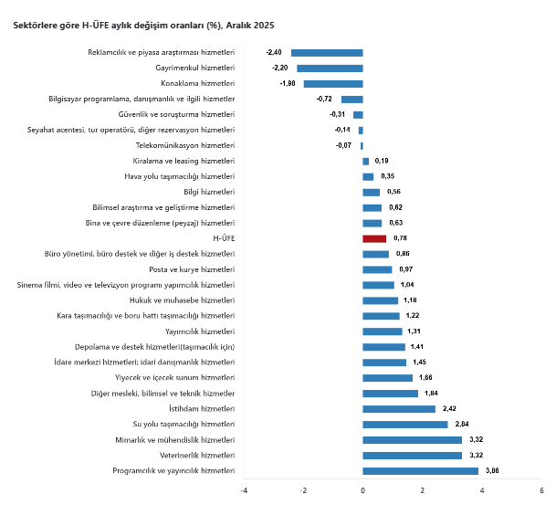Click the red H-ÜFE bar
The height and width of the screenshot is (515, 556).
click(374, 238)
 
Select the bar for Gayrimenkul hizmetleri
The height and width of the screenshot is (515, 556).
click(330, 68)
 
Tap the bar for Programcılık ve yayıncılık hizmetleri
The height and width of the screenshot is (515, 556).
click(420, 471)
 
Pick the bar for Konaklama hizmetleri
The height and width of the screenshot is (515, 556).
click(333, 83)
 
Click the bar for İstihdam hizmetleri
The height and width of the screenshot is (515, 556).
click(399, 409)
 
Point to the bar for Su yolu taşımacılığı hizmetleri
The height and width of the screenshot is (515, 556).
click(405, 425)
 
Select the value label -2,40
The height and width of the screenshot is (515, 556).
click(274, 52)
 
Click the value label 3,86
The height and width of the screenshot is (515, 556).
click(492, 471)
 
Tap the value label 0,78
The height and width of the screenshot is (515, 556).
click(400, 238)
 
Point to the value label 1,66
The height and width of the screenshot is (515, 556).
click(426, 378)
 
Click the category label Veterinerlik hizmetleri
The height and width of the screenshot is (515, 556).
click(196, 456)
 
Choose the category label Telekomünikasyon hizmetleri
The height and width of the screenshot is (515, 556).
click(185, 145)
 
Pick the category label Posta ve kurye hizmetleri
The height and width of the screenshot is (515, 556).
click(192, 269)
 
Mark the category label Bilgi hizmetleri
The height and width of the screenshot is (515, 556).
click(209, 192)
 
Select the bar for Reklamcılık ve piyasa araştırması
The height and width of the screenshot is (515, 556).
click(327, 52)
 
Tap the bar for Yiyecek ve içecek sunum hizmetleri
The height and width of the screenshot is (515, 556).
click(387, 378)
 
